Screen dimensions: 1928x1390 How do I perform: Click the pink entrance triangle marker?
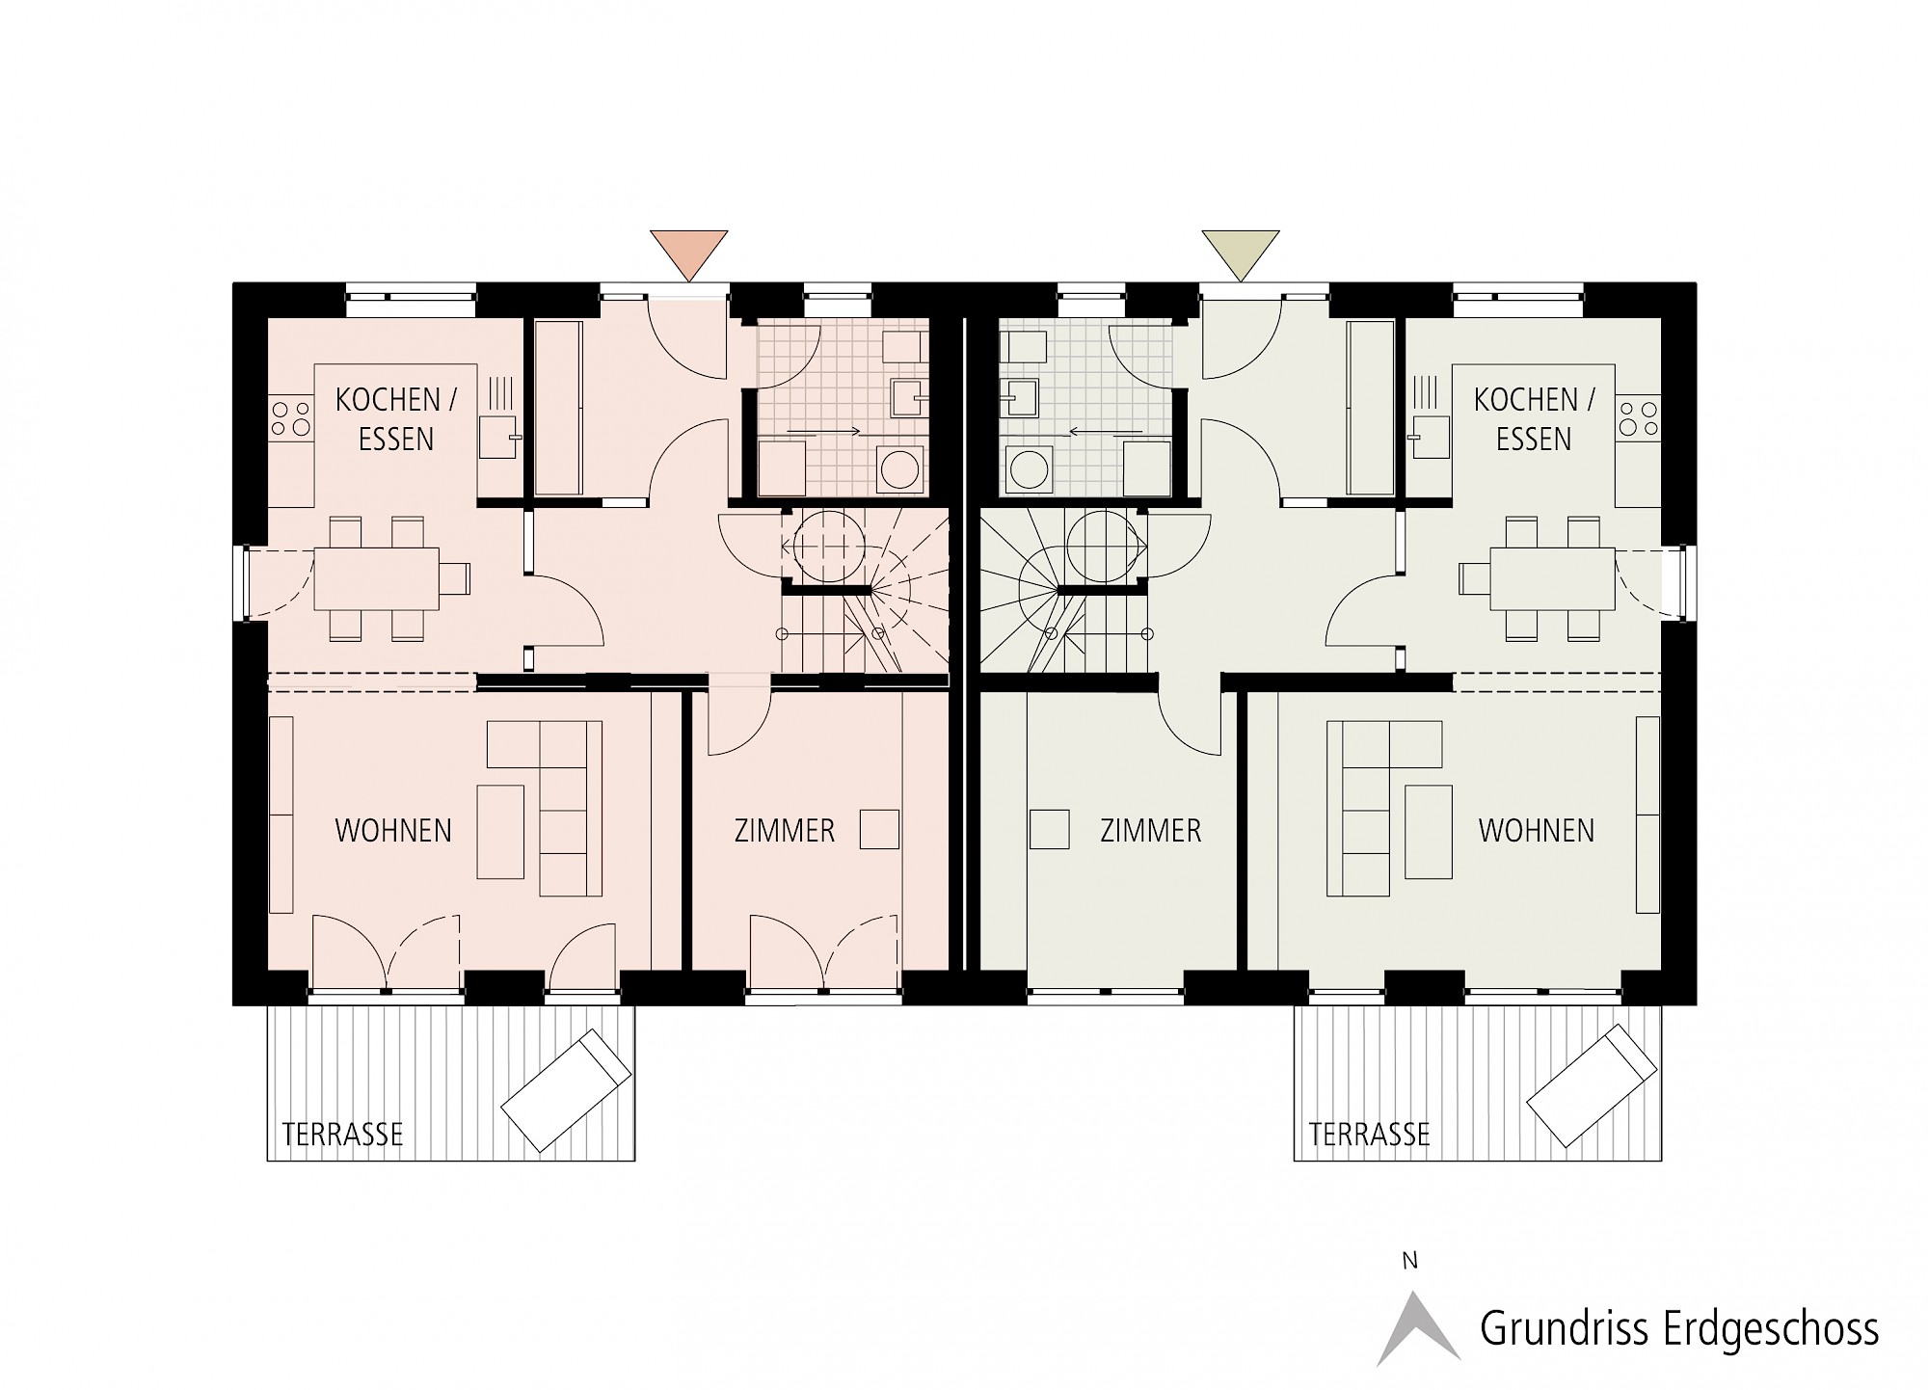coord(688,251)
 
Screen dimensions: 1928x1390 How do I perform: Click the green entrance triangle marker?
coord(1240,251)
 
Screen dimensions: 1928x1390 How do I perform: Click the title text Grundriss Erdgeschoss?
coord(1679,1329)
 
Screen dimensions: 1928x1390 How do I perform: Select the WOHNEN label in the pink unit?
coord(393,831)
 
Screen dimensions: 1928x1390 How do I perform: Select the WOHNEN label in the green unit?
coord(1537,831)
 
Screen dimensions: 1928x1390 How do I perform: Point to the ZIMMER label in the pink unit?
coord(785,831)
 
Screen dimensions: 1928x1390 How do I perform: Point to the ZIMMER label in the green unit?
coord(1151,831)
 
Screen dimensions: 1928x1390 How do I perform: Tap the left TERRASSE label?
coord(342,1134)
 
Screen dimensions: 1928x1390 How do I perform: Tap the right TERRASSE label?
coord(1369,1134)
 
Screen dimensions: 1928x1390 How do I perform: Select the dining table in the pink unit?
coord(377,578)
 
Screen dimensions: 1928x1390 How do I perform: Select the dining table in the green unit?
coord(1552,578)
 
